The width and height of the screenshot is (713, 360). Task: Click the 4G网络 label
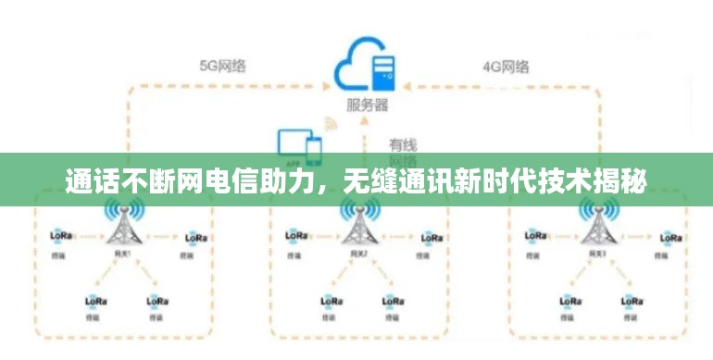pos(506,67)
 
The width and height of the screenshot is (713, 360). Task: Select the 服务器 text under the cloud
pos(367,105)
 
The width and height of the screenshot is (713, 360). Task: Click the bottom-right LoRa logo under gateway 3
pos(634,301)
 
